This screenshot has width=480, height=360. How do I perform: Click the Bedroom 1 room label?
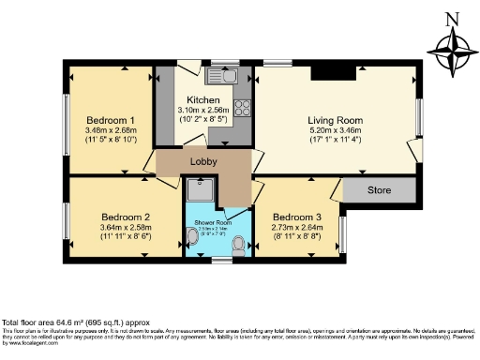click(x=111, y=121)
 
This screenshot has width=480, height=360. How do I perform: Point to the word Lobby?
click(x=203, y=162)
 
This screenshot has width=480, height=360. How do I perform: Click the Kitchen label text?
click(x=203, y=100)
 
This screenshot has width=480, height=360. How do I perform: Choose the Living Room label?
click(x=335, y=121)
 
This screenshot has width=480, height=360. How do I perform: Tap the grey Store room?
click(x=379, y=191)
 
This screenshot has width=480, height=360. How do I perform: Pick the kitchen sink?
click(x=227, y=75)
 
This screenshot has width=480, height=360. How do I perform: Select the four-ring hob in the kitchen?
click(x=243, y=106)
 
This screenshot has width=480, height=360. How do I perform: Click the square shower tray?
click(x=201, y=190)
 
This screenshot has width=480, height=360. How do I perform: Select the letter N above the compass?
click(x=452, y=18)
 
